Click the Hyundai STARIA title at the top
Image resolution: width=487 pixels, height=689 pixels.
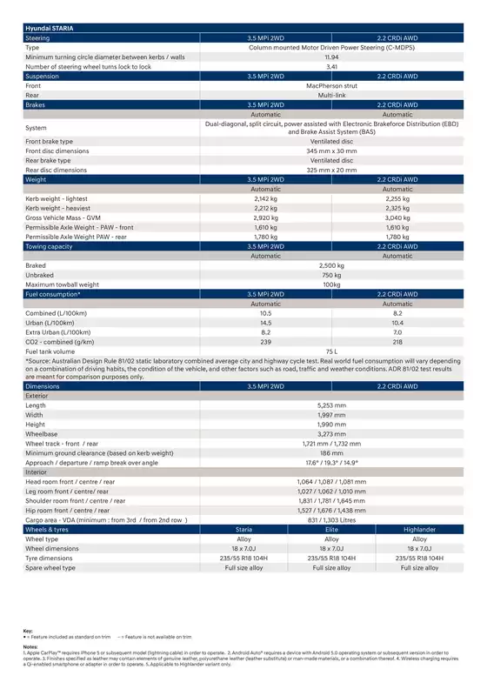coord(50,30)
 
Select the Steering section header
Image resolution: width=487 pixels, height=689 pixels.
coord(37,39)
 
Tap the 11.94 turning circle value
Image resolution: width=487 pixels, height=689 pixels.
coord(331,57)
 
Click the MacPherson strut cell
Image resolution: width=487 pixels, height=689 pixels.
coord(331,86)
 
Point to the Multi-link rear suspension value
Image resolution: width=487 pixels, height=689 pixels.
coord(331,96)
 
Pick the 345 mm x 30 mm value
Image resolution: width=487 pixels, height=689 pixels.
coord(331,151)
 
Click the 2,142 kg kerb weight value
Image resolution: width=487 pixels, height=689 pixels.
coord(265,198)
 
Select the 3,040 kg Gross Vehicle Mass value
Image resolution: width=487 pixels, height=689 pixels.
coord(397,217)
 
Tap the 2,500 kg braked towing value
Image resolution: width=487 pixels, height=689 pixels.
coord(331,265)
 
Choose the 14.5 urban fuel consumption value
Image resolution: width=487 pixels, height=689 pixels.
coord(265,323)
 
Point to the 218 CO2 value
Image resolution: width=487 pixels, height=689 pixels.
coord(397,342)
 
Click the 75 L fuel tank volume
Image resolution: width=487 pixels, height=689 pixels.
coord(331,351)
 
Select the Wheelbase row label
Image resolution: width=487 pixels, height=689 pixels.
coord(42,433)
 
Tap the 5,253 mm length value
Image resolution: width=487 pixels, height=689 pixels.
coord(331,405)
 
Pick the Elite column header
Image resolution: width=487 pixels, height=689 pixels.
coord(331,529)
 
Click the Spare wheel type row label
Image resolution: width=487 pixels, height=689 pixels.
coord(50,567)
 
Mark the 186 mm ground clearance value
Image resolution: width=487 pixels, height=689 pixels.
coord(331,452)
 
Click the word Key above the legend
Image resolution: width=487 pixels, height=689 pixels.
coord(28,631)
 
